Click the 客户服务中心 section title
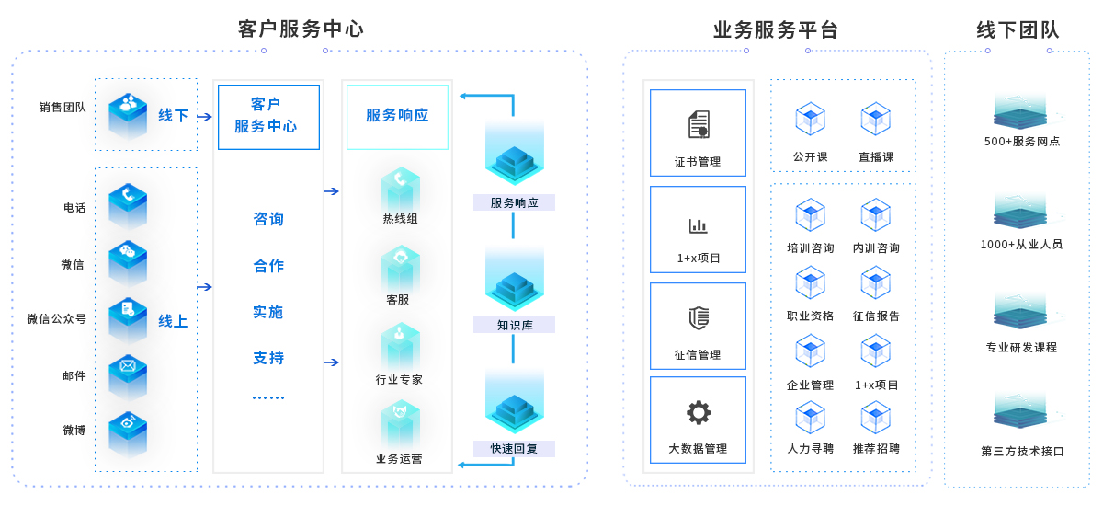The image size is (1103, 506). click(301, 29)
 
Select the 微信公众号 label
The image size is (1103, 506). click(56, 319)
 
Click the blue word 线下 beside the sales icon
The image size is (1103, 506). click(173, 116)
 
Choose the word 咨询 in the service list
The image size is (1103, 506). click(268, 220)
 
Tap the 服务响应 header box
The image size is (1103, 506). click(397, 116)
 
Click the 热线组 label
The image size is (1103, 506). click(400, 219)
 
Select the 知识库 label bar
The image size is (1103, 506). click(515, 325)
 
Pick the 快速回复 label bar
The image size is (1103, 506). click(515, 449)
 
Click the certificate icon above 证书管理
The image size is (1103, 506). click(699, 124)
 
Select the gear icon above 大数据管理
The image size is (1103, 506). click(699, 413)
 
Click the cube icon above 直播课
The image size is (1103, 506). click(875, 119)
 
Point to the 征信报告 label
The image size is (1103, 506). click(876, 316)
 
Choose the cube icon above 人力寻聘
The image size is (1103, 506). click(810, 417)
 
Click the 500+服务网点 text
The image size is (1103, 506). click(1022, 142)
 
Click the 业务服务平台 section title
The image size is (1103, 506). click(776, 29)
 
